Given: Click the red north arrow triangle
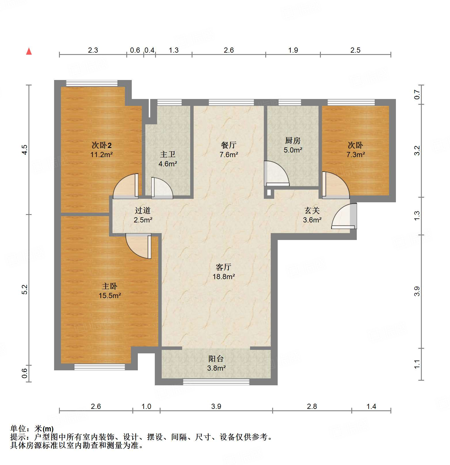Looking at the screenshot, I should pyautogui.click(x=29, y=52).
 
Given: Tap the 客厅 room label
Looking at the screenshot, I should pyautogui.click(x=223, y=267).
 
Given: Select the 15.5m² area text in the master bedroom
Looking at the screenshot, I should pyautogui.click(x=110, y=296).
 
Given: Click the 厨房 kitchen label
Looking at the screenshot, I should pyautogui.click(x=293, y=140).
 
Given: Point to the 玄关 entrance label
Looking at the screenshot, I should pyautogui.click(x=312, y=211).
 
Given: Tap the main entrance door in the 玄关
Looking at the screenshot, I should pyautogui.click(x=344, y=216).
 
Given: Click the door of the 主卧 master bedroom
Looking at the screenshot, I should pyautogui.click(x=138, y=246).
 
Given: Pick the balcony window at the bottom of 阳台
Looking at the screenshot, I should pyautogui.click(x=216, y=382).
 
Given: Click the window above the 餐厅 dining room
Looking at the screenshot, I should pyautogui.click(x=231, y=102).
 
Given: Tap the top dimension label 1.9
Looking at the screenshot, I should pyautogui.click(x=293, y=50).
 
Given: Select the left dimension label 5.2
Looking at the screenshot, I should pyautogui.click(x=24, y=289).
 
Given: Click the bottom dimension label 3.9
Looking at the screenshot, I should pyautogui.click(x=216, y=406).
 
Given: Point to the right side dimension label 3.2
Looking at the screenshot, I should pyautogui.click(x=417, y=150).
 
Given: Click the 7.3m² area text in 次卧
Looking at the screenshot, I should pyautogui.click(x=356, y=155).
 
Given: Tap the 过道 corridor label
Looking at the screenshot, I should pyautogui.click(x=143, y=211).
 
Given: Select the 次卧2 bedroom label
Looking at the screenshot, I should pyautogui.click(x=102, y=145).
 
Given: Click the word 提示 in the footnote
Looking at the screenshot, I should pyautogui.click(x=18, y=437).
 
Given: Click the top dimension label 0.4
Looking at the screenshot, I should pyautogui.click(x=149, y=50).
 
